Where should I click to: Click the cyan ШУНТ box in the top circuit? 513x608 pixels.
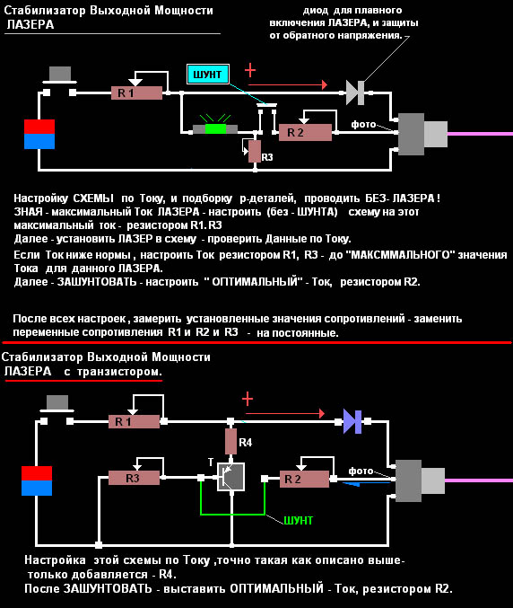(x=208, y=74)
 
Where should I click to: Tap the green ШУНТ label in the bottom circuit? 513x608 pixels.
(x=298, y=520)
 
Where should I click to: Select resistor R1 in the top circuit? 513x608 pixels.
(x=136, y=93)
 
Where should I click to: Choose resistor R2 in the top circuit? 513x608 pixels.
(x=306, y=133)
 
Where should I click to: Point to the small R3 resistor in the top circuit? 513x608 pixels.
(x=255, y=152)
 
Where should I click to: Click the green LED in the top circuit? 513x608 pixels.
(x=215, y=129)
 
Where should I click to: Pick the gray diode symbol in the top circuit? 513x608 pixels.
(x=355, y=93)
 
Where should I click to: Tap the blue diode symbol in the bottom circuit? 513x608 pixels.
(x=352, y=421)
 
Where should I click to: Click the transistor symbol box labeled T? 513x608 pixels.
(x=230, y=477)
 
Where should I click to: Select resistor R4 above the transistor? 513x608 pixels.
(x=230, y=441)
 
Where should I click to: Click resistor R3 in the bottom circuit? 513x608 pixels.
(x=134, y=478)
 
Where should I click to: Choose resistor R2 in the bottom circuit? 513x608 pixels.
(x=304, y=480)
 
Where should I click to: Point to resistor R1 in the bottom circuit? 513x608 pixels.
(x=134, y=421)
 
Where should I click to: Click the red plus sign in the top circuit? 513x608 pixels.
(x=250, y=70)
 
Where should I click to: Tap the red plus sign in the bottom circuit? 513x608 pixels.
(x=248, y=399)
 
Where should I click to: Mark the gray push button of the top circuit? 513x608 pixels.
(x=60, y=74)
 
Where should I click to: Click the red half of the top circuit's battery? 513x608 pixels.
(x=39, y=127)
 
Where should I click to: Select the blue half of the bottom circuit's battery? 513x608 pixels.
(x=37, y=489)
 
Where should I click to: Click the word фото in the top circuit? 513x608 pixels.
(x=363, y=124)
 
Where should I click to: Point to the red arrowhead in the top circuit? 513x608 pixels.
(x=325, y=84)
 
